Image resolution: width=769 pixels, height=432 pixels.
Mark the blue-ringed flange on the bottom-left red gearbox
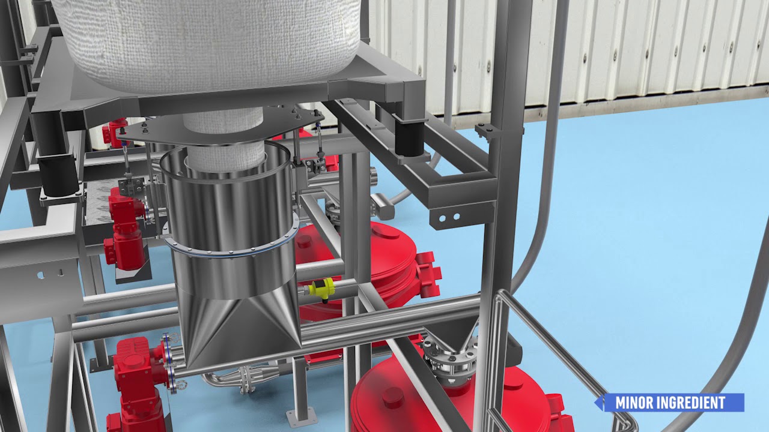(166, 364)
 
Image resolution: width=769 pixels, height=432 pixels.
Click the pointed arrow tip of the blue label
(598, 403)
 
